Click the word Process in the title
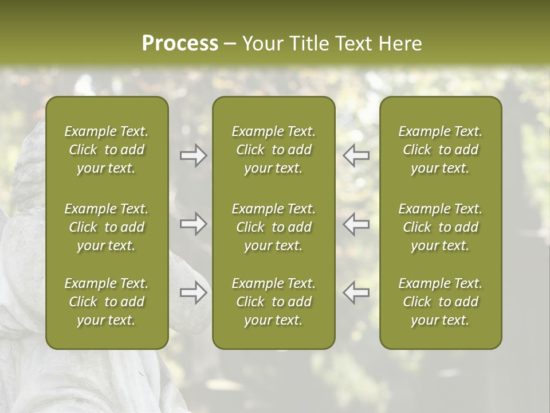coord(180,44)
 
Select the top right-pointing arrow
coord(194,155)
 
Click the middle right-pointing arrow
coord(194,224)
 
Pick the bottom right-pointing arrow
coord(194,293)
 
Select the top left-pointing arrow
coord(356,155)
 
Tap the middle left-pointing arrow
coord(356,224)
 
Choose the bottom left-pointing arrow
coord(356,293)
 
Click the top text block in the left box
coord(107,150)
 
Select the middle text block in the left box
coord(107,227)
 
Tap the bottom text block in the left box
coord(107,302)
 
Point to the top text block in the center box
coord(273,150)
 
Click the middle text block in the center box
coord(273,227)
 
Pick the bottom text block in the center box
coord(273,302)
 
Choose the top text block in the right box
coord(440,150)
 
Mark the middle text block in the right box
coord(440,227)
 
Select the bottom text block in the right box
coord(440,302)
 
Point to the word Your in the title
coord(261,44)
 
